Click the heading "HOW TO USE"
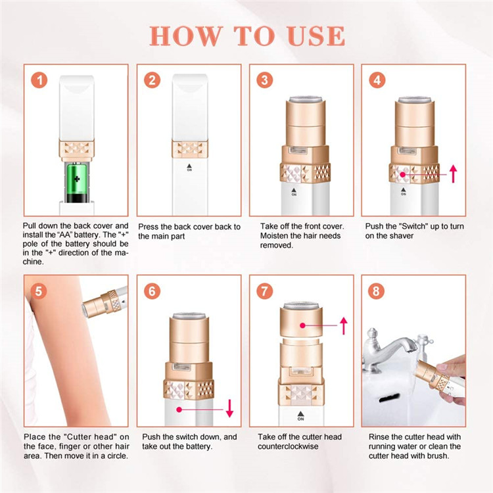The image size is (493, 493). (x=246, y=35)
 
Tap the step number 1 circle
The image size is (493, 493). (x=41, y=81)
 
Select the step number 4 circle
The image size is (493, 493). (x=377, y=81)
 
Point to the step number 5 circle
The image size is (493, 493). (x=41, y=290)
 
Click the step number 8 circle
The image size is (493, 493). (x=377, y=290)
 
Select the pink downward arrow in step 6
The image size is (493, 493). (x=229, y=408)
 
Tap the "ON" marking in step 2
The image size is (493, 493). (x=190, y=168)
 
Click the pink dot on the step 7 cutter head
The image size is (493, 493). (x=302, y=325)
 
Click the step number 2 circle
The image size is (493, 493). (x=153, y=81)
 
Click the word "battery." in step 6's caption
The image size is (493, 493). (x=200, y=446)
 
